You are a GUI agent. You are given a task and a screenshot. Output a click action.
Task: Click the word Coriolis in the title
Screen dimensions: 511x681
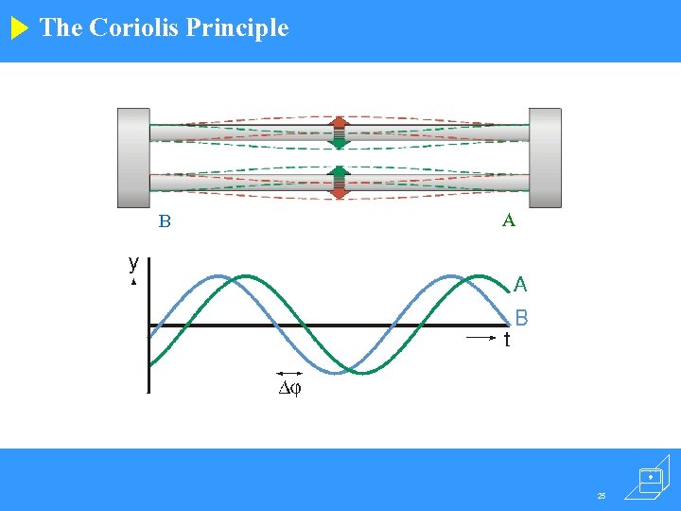pyautogui.click(x=134, y=27)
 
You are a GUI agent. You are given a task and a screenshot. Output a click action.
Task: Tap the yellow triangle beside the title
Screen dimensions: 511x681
pyautogui.click(x=20, y=28)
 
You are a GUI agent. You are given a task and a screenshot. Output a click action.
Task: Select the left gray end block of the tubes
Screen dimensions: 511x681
pyautogui.click(x=133, y=157)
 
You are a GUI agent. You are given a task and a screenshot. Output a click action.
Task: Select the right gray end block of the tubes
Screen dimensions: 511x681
pyautogui.click(x=545, y=157)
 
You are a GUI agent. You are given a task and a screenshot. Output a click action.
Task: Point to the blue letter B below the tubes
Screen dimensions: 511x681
pyautogui.click(x=165, y=222)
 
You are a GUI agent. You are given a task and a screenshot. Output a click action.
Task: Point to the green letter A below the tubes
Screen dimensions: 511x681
pyautogui.click(x=509, y=220)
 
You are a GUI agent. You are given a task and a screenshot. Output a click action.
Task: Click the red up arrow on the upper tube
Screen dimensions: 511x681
pyautogui.click(x=339, y=123)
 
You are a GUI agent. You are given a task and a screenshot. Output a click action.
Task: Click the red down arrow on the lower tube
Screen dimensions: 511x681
pyautogui.click(x=339, y=191)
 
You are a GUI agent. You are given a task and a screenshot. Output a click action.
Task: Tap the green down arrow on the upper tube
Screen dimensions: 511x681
pyautogui.click(x=339, y=142)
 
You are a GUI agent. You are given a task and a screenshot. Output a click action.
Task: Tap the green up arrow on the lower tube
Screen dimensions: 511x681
pyautogui.click(x=339, y=173)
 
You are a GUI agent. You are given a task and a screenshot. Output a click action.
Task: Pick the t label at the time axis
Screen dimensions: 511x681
pyautogui.click(x=507, y=339)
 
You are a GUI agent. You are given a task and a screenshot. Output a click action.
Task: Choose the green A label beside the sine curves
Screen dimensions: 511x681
pyautogui.click(x=520, y=284)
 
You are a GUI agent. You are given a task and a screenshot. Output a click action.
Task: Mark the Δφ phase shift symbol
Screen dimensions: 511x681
pyautogui.click(x=289, y=388)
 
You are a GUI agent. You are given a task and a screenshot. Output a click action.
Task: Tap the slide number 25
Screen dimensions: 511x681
pyautogui.click(x=602, y=495)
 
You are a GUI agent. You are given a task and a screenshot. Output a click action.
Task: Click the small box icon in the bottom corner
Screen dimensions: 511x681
pyautogui.click(x=651, y=479)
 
